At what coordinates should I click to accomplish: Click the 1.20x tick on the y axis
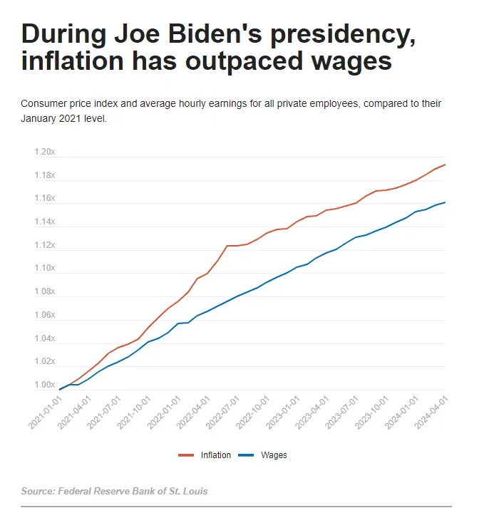[44, 152]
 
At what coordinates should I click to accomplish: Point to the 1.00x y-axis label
[44, 385]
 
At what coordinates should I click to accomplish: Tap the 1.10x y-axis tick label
[44, 269]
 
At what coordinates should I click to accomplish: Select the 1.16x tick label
[44, 199]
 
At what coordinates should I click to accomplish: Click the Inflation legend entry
[216, 455]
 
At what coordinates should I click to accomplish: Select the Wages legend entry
[274, 455]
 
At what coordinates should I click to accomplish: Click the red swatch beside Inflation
[187, 455]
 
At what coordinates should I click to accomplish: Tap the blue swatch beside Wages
[247, 455]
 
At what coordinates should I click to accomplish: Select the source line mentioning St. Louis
[115, 492]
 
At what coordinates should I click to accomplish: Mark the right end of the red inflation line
[446, 165]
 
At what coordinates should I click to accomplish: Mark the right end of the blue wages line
[446, 202]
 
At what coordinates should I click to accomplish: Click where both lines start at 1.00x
[61, 389]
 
